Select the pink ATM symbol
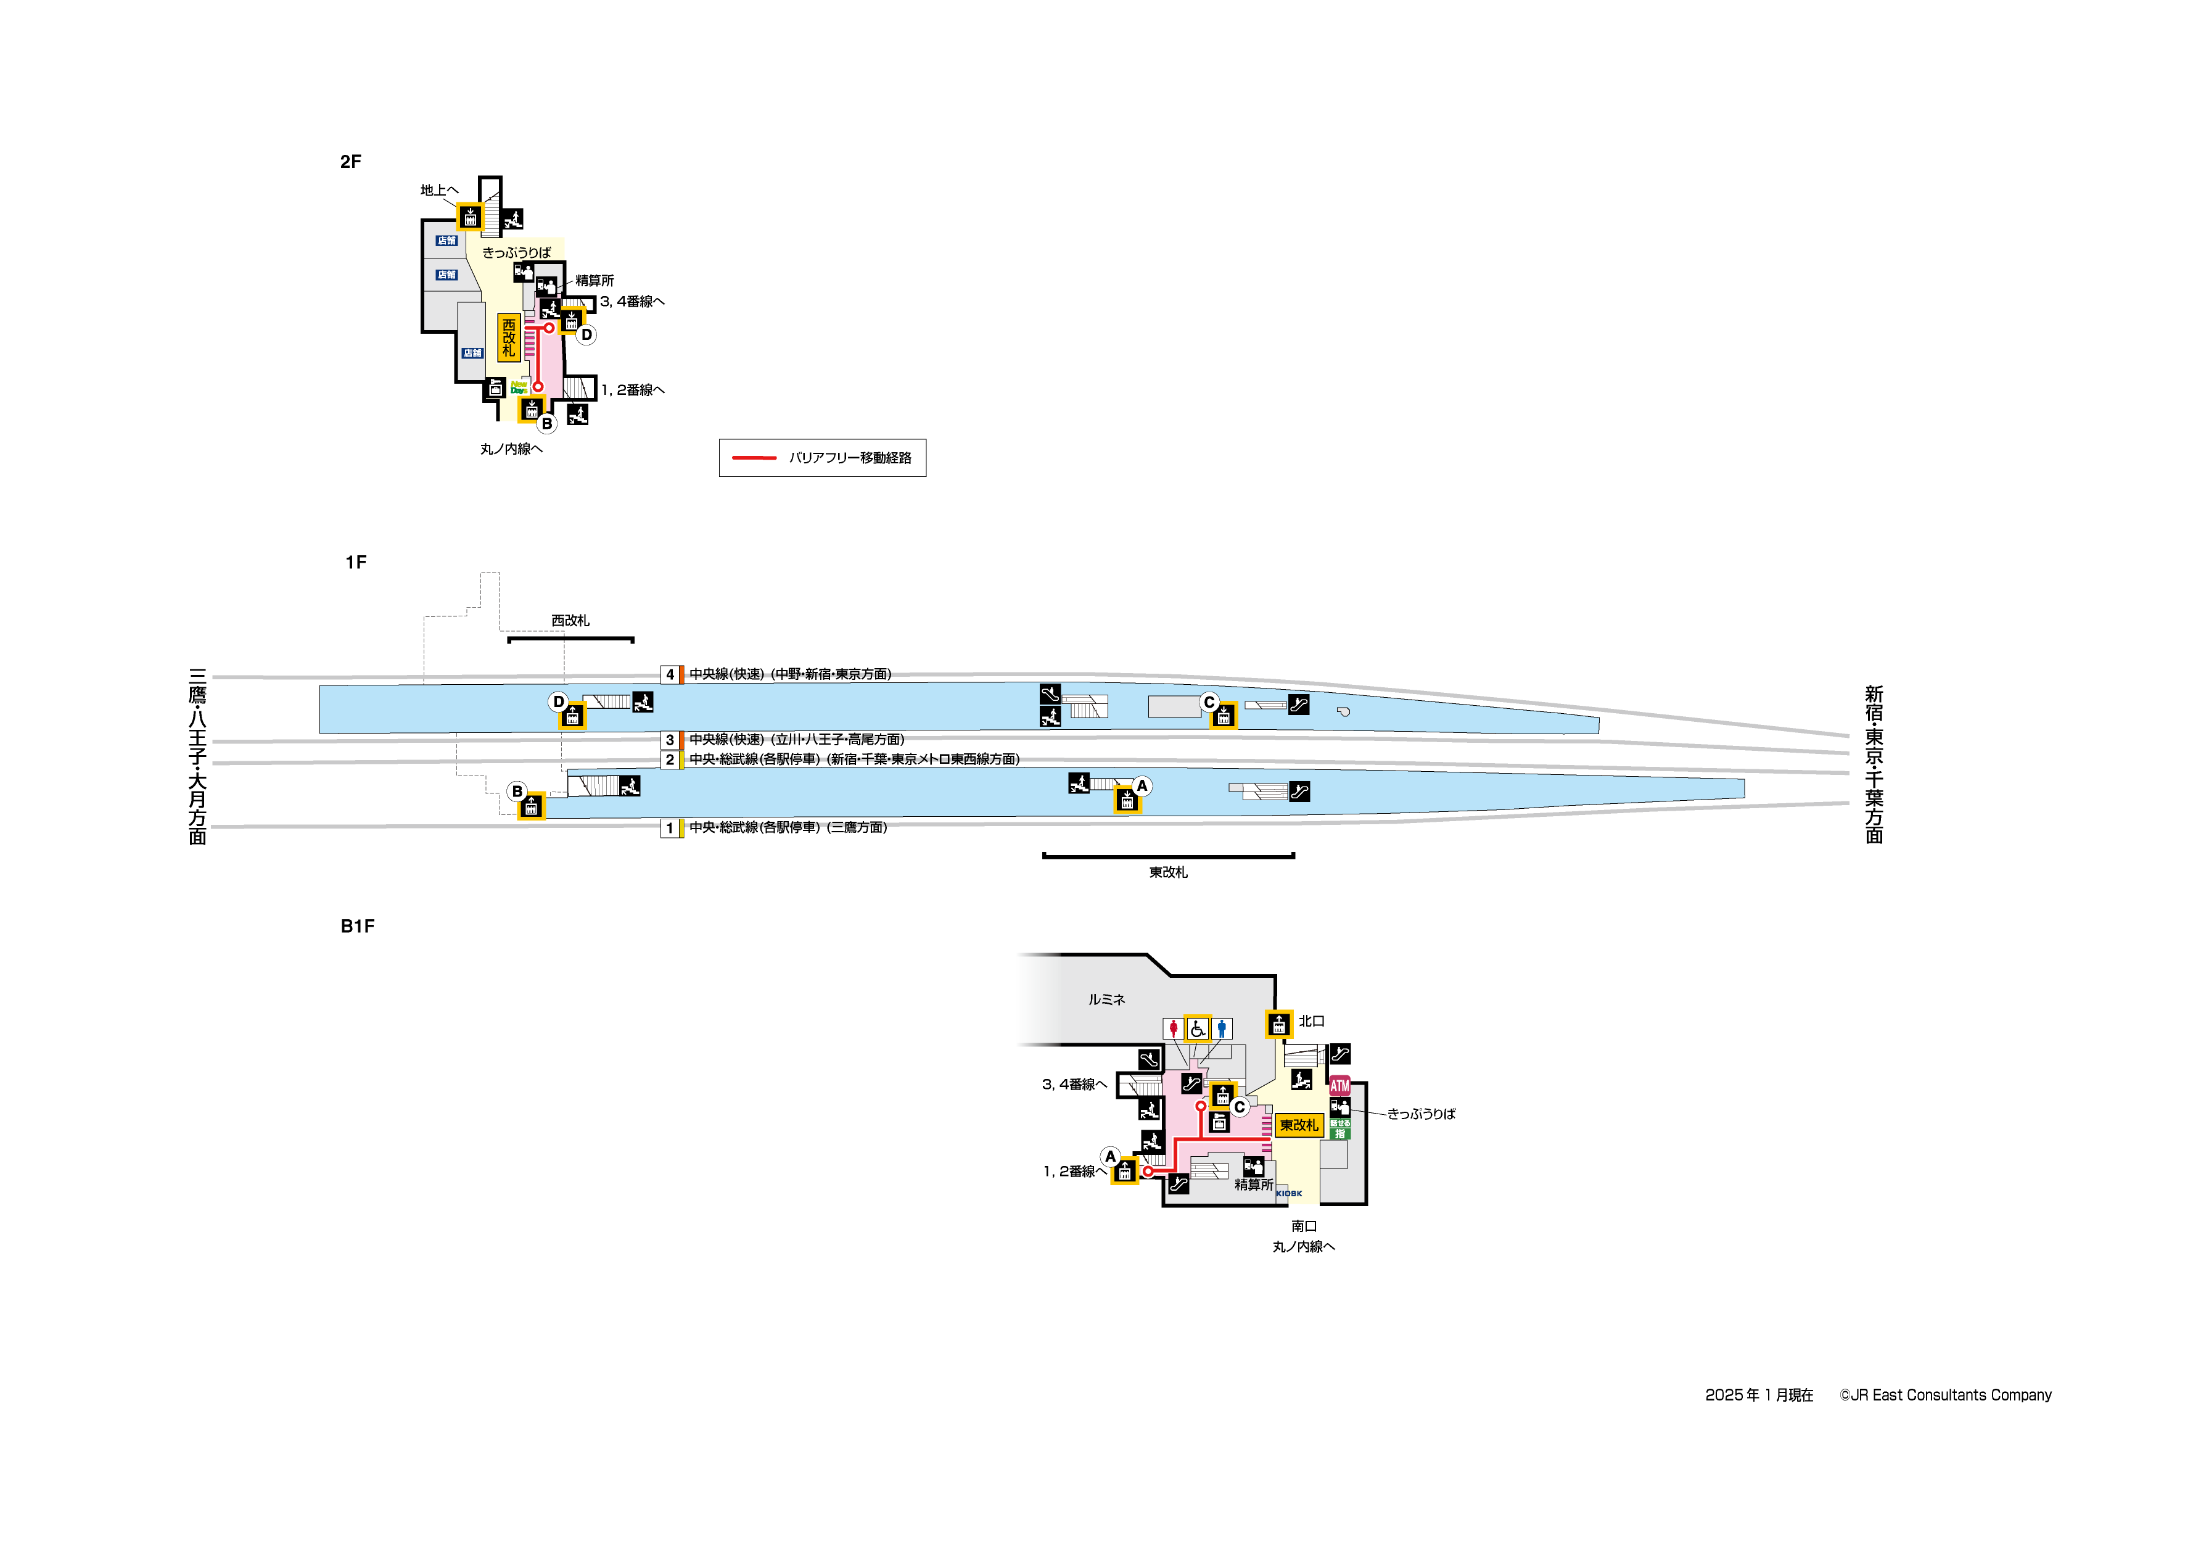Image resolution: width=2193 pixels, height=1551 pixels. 1339,1086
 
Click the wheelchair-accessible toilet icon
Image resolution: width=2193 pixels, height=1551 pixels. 1197,1028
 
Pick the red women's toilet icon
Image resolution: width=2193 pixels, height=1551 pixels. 1173,1028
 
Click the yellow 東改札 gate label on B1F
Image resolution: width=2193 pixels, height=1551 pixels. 1298,1125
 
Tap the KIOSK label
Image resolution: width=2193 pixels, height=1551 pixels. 1288,1194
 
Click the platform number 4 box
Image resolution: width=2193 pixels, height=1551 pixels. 670,675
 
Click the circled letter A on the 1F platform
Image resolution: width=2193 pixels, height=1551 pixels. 1142,785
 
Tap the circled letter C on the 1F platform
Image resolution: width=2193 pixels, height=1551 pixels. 1209,703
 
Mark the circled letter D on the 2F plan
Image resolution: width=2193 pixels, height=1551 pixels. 586,334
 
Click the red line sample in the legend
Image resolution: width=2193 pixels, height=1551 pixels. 754,458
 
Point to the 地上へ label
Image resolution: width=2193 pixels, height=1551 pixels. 439,190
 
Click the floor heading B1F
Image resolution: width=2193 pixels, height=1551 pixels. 357,926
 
